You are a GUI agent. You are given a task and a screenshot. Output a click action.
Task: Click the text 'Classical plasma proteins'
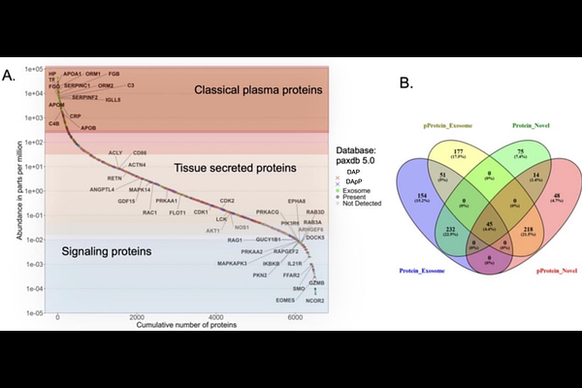[x=257, y=90]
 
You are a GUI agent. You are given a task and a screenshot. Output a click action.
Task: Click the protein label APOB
[x=86, y=127]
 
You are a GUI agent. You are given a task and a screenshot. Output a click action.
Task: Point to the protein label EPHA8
[x=298, y=200]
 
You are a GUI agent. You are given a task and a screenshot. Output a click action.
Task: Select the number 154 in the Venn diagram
[x=420, y=196]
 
